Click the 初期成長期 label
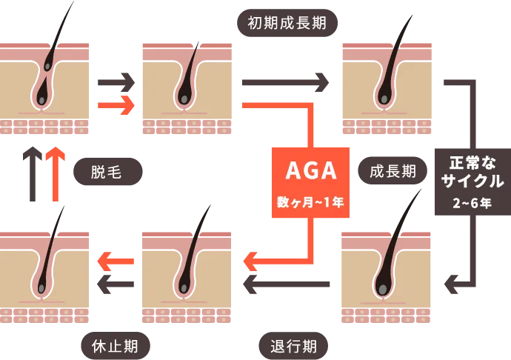point(287,23)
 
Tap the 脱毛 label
point(106,172)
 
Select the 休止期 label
point(114,345)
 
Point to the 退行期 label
point(293,345)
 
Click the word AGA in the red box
point(311,171)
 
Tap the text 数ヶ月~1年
point(311,201)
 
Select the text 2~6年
point(471,202)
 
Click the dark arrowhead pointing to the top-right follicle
point(321,82)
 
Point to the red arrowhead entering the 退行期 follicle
point(251,261)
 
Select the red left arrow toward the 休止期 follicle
point(116,260)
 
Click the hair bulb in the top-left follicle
point(42,96)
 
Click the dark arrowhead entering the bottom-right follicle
point(449,282)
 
